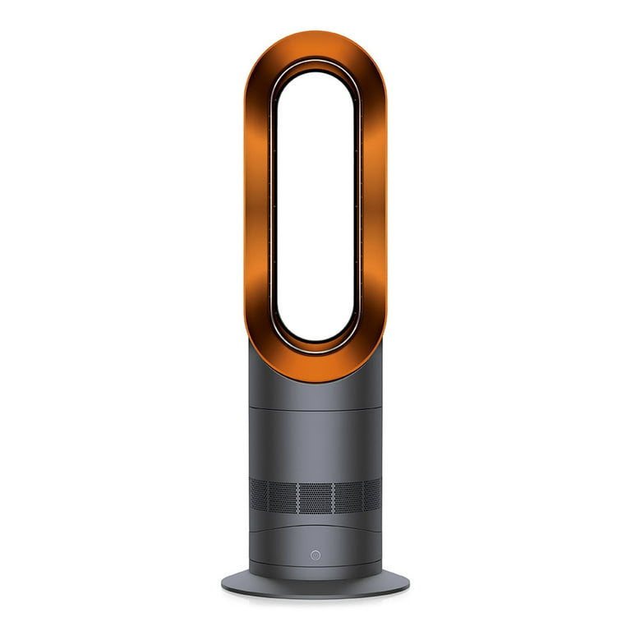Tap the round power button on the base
point(315,555)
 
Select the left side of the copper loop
point(259,205)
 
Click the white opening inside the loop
point(315,205)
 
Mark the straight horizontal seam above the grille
point(315,408)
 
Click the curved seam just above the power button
point(315,530)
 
